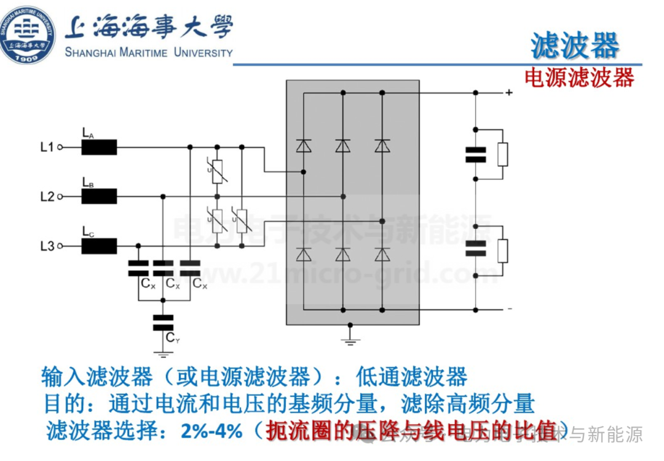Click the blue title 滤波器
click(x=575, y=46)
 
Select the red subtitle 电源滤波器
click(x=579, y=78)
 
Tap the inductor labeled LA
click(x=98, y=147)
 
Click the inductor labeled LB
click(x=98, y=197)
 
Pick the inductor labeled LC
click(x=98, y=247)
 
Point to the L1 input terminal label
click(x=47, y=147)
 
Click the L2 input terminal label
click(x=47, y=197)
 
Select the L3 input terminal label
click(x=47, y=247)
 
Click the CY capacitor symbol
click(x=163, y=323)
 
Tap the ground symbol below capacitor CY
click(x=163, y=354)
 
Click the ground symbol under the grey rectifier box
click(x=350, y=340)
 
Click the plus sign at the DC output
click(x=509, y=93)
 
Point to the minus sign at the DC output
click(x=509, y=308)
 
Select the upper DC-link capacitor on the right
click(x=475, y=154)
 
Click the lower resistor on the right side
click(x=503, y=251)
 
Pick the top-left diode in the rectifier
click(x=303, y=146)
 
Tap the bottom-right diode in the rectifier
click(x=382, y=254)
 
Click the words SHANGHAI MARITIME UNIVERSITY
click(x=149, y=52)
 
